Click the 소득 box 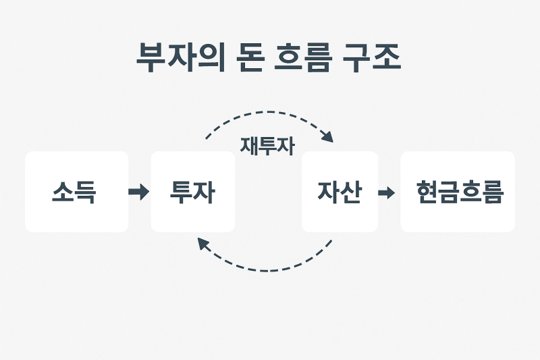(x=76, y=192)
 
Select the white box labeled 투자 (x=193, y=192)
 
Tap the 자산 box (x=340, y=192)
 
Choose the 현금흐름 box (x=458, y=192)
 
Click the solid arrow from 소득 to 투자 (x=138, y=192)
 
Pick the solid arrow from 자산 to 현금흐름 (x=386, y=192)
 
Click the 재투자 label (x=267, y=146)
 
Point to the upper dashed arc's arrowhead (x=327, y=137)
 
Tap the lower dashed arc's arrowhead (x=202, y=244)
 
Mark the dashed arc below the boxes (x=267, y=270)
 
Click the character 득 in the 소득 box (x=86, y=192)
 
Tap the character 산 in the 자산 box (x=351, y=192)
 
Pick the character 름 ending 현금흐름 (x=492, y=192)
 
